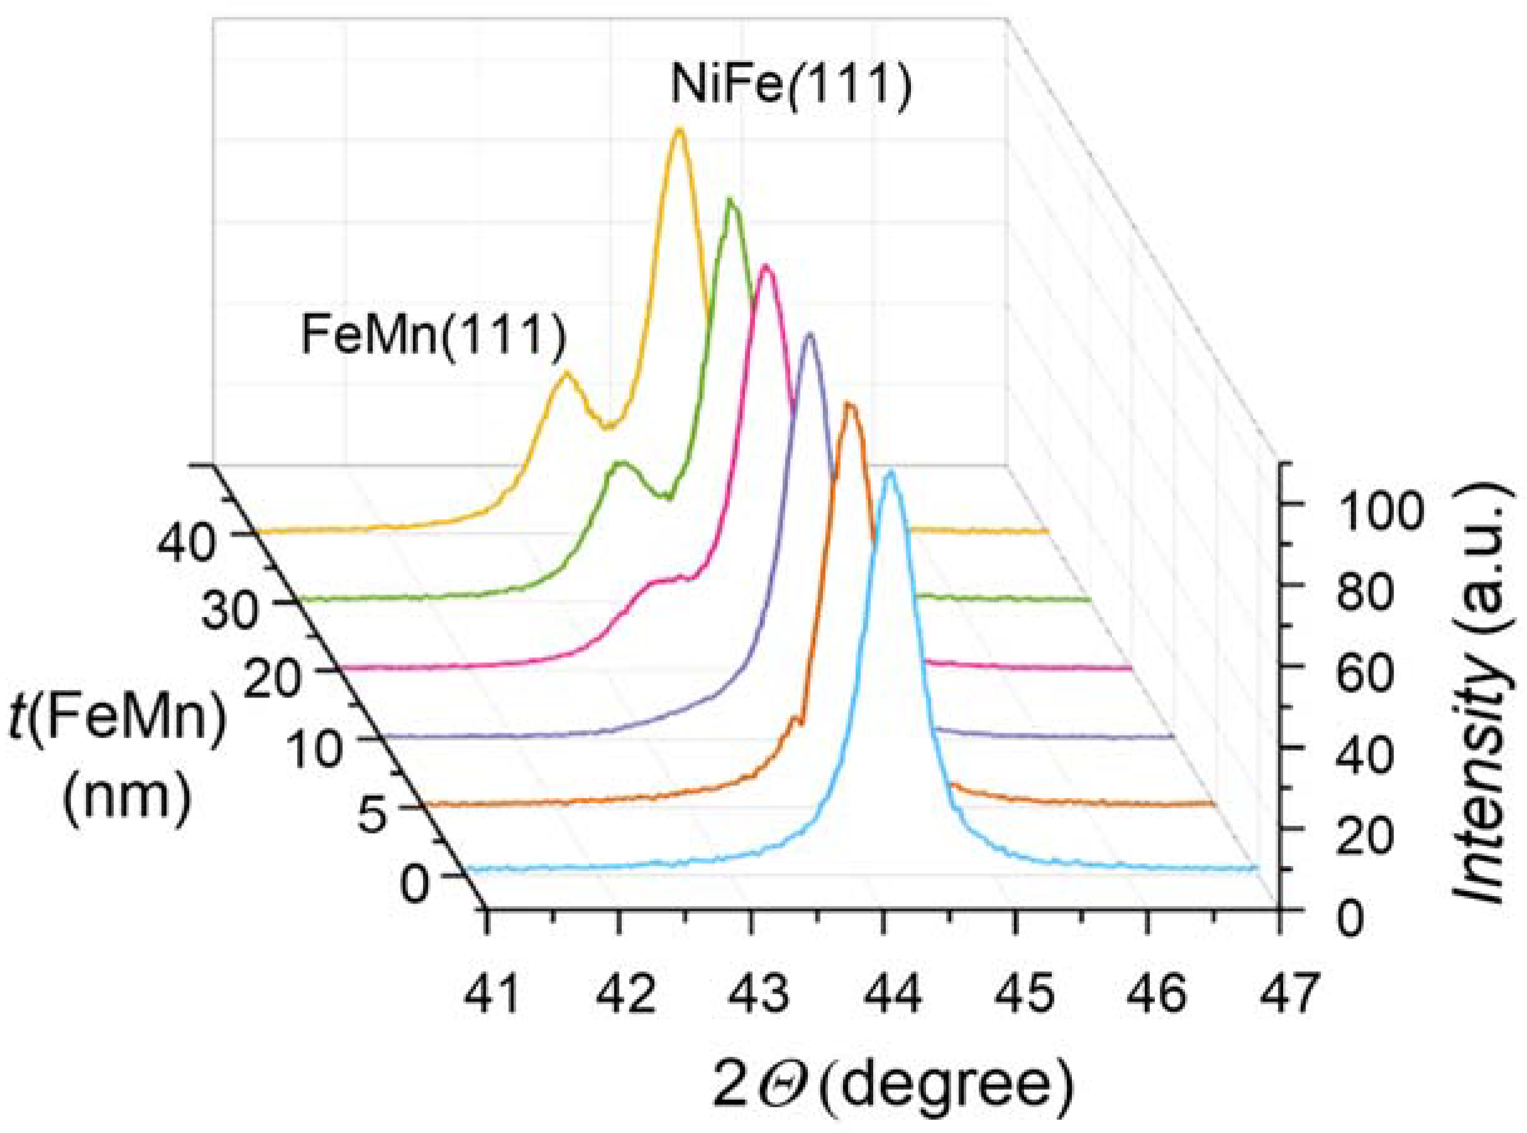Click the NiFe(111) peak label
click(790, 88)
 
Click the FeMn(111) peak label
click(434, 336)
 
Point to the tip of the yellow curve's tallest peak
click(679, 129)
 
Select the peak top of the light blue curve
click(890, 473)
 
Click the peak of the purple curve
click(810, 335)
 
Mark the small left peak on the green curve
click(622, 464)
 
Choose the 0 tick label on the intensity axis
click(1351, 919)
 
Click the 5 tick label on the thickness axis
click(373, 816)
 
